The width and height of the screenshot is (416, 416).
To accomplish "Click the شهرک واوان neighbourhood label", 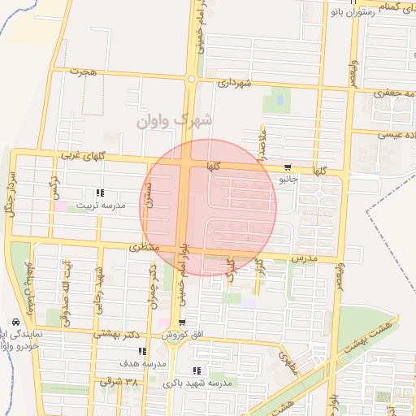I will tap(175, 119).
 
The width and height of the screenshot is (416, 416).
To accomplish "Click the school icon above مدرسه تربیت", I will tap(101, 193).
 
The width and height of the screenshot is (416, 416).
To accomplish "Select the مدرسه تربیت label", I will tap(102, 206).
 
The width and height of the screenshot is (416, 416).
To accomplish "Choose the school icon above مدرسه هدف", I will tap(143, 351).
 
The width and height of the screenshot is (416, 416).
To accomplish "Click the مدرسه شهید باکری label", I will tap(197, 383).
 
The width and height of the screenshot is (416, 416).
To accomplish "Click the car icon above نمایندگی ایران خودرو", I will tap(17, 322).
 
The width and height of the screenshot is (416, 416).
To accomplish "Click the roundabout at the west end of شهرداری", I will tap(191, 80).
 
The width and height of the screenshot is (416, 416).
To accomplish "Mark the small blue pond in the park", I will tap(280, 100).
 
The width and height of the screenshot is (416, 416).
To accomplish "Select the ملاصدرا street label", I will tap(262, 143).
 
